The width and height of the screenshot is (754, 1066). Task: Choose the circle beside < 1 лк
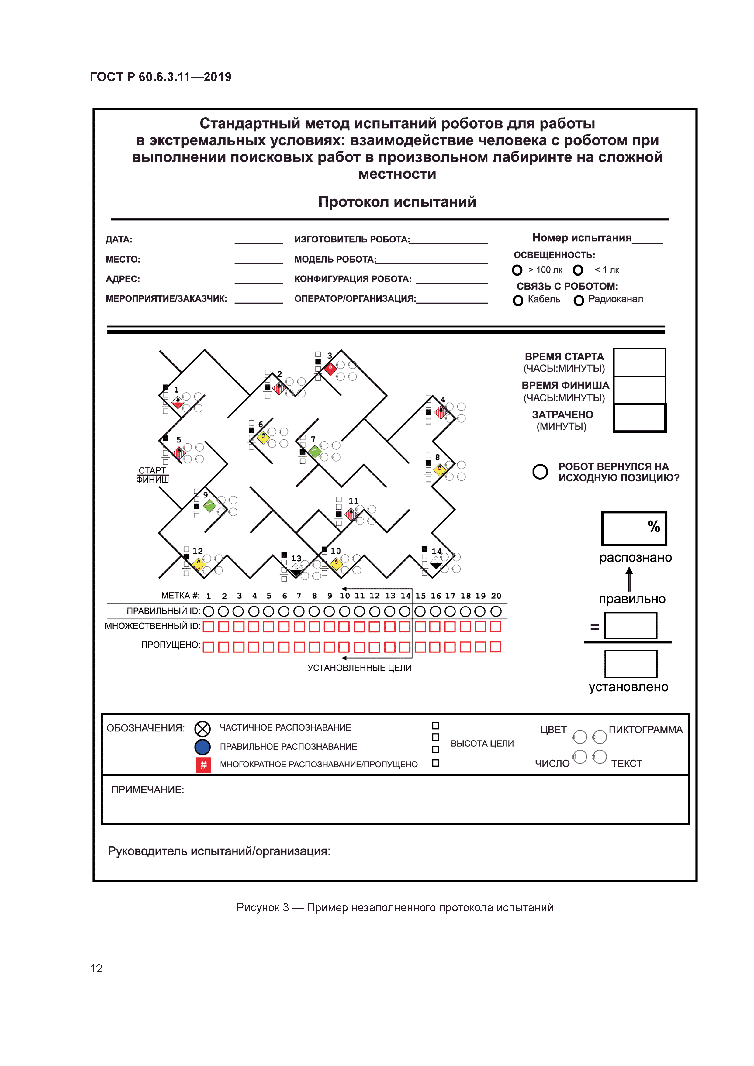tap(578, 270)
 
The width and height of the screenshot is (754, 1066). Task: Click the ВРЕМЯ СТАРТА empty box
tap(639, 362)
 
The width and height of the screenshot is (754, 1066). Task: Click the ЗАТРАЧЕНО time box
tap(639, 418)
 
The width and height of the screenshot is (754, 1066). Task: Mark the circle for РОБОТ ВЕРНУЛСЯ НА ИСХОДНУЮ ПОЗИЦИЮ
tap(540, 472)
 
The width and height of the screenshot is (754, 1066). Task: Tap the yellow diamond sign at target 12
tap(198, 564)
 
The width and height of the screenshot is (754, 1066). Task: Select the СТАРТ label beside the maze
tap(152, 470)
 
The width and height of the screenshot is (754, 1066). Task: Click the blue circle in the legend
tap(202, 747)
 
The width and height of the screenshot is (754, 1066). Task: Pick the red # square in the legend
tap(203, 765)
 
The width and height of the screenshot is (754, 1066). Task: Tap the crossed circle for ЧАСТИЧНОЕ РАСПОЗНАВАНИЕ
tap(202, 728)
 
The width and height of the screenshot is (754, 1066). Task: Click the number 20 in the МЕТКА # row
tap(496, 596)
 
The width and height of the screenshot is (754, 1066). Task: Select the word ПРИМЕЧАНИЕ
tap(147, 790)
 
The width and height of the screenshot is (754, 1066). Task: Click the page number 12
tap(96, 968)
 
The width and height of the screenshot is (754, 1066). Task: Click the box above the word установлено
tap(631, 664)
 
